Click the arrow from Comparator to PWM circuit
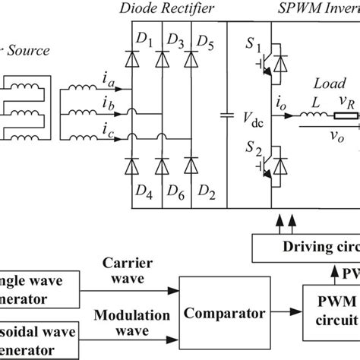coord(283,311)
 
